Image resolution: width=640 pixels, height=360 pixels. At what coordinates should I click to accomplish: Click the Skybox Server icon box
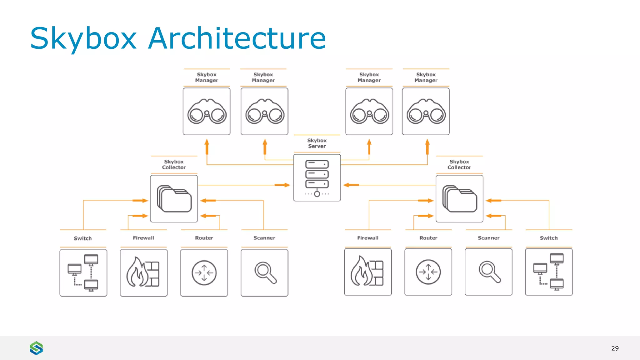[x=317, y=177]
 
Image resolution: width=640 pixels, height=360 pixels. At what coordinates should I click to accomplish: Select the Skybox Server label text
[x=317, y=143]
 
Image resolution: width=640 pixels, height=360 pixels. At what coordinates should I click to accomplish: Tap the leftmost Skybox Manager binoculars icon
[x=207, y=112]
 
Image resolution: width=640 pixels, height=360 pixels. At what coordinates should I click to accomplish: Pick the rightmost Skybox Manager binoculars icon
[x=426, y=112]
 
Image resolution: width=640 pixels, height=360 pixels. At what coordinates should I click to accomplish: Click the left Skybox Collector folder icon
[x=174, y=199]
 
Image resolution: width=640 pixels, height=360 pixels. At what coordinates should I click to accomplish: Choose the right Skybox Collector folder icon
[x=459, y=199]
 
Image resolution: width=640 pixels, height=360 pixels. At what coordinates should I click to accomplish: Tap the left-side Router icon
[x=204, y=272]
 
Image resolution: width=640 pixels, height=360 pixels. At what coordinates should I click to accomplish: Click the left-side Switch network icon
[x=83, y=272]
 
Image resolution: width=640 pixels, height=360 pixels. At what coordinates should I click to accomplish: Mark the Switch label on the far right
[x=548, y=238]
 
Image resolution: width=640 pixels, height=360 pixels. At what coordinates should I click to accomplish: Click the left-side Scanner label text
[x=264, y=238]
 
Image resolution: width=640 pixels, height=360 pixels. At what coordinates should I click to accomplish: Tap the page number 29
[x=615, y=348]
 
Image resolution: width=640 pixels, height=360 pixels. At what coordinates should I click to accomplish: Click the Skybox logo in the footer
[x=36, y=348]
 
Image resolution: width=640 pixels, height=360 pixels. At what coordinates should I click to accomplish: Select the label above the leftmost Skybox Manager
[x=207, y=77]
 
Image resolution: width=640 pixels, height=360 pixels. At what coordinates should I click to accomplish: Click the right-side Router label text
[x=428, y=238]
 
